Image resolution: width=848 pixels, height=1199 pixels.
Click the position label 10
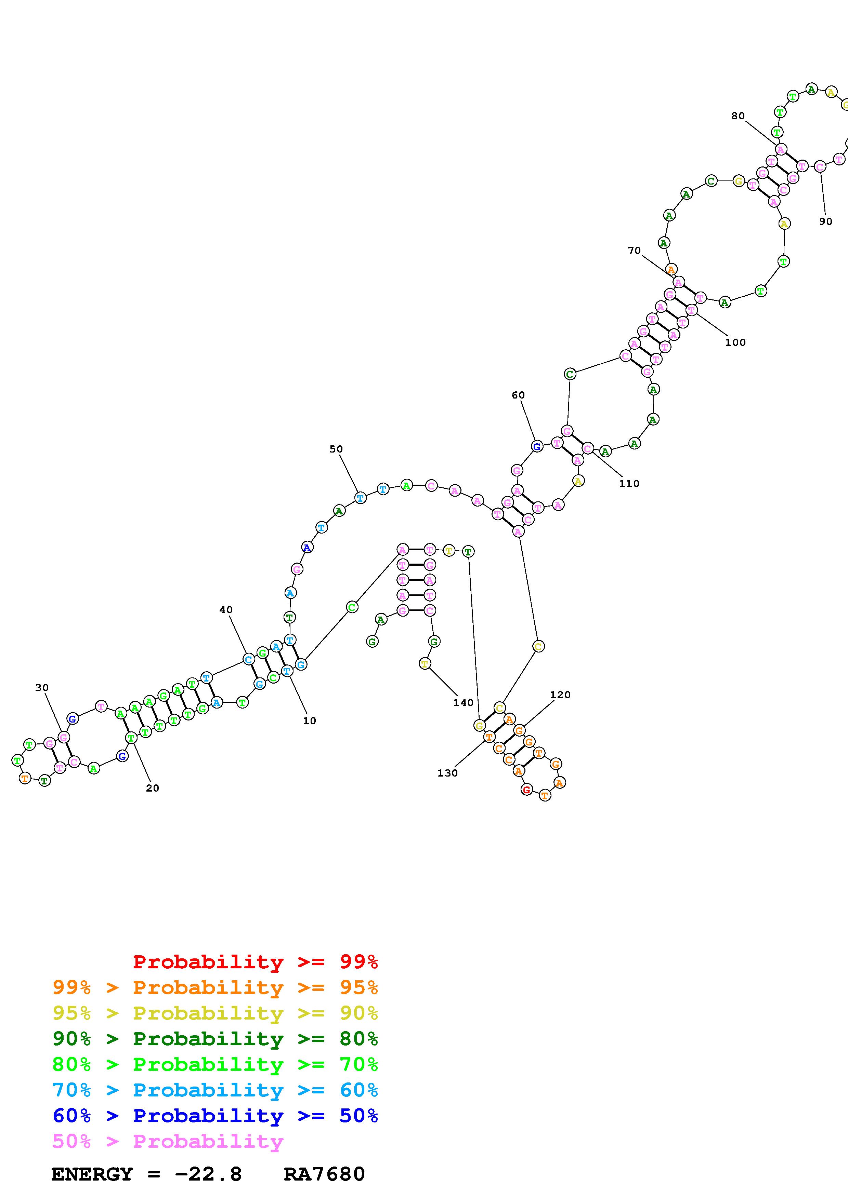(309, 720)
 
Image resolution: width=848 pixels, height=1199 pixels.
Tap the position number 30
(42, 688)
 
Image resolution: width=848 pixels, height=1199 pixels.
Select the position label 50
(336, 449)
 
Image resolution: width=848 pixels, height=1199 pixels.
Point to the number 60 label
(518, 395)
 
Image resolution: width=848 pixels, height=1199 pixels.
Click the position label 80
(738, 116)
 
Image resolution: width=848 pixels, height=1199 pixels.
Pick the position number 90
(825, 221)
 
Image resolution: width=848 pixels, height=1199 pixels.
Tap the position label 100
(735, 342)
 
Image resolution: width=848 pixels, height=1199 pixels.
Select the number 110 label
(629, 484)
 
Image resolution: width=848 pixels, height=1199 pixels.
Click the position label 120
(560, 695)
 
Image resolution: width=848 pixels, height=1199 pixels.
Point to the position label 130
(447, 773)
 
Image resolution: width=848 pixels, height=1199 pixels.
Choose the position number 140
(463, 703)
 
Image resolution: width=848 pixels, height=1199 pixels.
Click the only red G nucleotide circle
(527, 790)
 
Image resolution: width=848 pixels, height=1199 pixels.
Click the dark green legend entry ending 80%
(215, 1039)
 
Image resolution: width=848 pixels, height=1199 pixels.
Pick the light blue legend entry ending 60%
(215, 1090)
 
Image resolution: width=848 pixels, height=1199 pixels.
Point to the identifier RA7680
(324, 1174)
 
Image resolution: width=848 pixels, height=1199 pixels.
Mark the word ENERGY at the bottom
(92, 1174)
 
